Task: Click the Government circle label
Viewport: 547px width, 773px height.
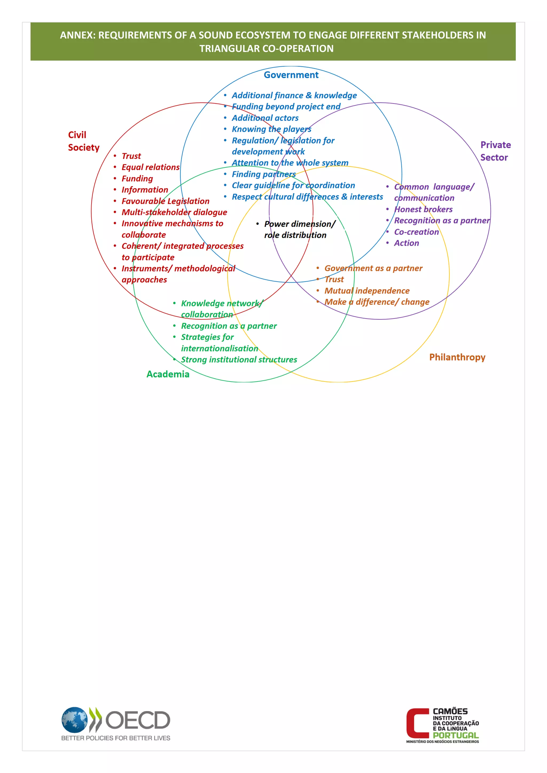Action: pyautogui.click(x=291, y=75)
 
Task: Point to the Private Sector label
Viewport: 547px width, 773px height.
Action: pyautogui.click(x=495, y=151)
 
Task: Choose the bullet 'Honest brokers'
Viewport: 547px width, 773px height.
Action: pyautogui.click(x=423, y=210)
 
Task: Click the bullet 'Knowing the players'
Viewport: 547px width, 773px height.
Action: pyautogui.click(x=271, y=129)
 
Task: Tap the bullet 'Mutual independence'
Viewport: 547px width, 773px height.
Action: pyautogui.click(x=367, y=291)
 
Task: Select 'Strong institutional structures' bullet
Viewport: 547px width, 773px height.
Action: pyautogui.click(x=239, y=360)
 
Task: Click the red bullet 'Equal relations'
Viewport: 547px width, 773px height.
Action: pyautogui.click(x=150, y=167)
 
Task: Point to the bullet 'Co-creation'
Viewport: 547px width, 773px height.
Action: pyautogui.click(x=416, y=232)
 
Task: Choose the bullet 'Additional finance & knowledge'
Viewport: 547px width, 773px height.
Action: pyautogui.click(x=294, y=96)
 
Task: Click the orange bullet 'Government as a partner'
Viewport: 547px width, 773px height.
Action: pyautogui.click(x=373, y=268)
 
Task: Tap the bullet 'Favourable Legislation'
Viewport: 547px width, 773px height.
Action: pyautogui.click(x=165, y=201)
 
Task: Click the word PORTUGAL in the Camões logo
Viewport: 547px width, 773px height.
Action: pyautogui.click(x=455, y=735)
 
